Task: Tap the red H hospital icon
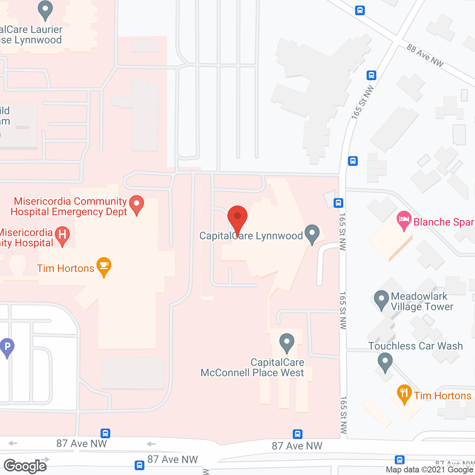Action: pyautogui.click(x=62, y=235)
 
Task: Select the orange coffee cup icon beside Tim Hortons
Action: pyautogui.click(x=104, y=266)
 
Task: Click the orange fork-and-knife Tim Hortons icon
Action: pyautogui.click(x=404, y=394)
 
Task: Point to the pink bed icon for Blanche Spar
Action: pyautogui.click(x=404, y=220)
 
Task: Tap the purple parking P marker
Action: pyautogui.click(x=7, y=347)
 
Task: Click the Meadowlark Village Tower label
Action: pyautogui.click(x=422, y=301)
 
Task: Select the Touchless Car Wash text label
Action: pyautogui.click(x=416, y=346)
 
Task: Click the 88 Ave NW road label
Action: pyautogui.click(x=425, y=55)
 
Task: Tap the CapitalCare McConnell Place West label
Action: pyautogui.click(x=252, y=367)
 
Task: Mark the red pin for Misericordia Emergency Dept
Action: pyautogui.click(x=137, y=204)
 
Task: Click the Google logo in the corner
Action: pyautogui.click(x=25, y=466)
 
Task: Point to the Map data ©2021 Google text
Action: pyautogui.click(x=430, y=470)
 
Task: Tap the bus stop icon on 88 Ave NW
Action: pyautogui.click(x=360, y=10)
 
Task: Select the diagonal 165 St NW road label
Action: pyautogui.click(x=363, y=102)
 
